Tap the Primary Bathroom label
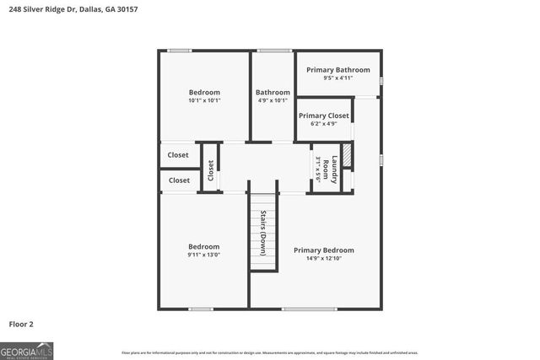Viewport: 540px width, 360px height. pyautogui.click(x=337, y=70)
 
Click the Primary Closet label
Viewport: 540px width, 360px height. pyautogui.click(x=323, y=116)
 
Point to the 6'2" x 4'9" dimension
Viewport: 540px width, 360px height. pyautogui.click(x=323, y=124)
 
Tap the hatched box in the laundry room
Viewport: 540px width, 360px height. pyautogui.click(x=346, y=157)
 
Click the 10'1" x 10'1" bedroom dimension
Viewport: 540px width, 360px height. pyautogui.click(x=204, y=101)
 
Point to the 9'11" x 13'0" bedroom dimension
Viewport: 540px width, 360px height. pyautogui.click(x=203, y=255)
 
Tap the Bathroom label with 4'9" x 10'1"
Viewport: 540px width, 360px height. pyautogui.click(x=273, y=92)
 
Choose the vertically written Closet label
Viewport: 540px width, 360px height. pyautogui.click(x=211, y=170)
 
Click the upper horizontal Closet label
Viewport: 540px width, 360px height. pyautogui.click(x=178, y=155)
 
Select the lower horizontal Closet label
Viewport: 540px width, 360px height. pyautogui.click(x=179, y=180)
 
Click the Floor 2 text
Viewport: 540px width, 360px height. pyautogui.click(x=21, y=323)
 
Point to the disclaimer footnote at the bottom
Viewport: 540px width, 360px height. pyautogui.click(x=269, y=353)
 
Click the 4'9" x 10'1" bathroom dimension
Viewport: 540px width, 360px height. pyautogui.click(x=273, y=101)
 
